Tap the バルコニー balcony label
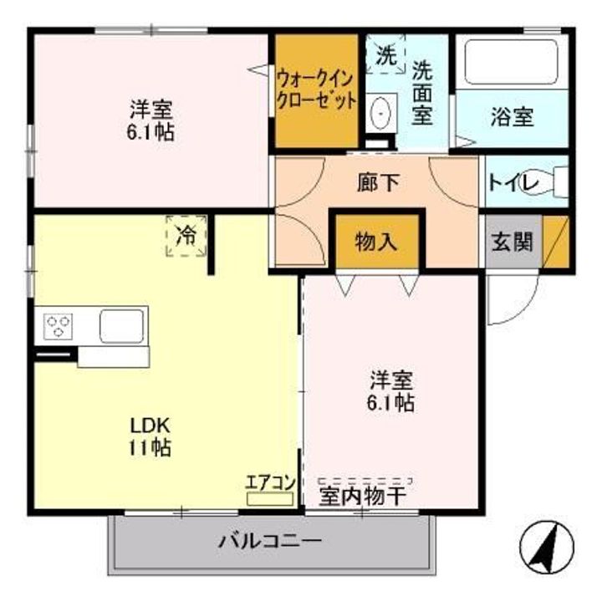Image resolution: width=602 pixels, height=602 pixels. pos(270,540)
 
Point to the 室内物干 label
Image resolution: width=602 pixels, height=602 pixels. pos(363,496)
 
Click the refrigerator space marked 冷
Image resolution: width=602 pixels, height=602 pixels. pos(187,235)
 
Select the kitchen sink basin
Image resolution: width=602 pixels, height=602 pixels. pos(122,324)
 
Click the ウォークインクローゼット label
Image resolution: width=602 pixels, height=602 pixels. pos(317,91)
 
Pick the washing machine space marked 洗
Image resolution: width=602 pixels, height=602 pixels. pos(385,57)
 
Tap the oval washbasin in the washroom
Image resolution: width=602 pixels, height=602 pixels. pos(380,111)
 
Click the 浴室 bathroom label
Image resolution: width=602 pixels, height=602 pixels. pos(512,117)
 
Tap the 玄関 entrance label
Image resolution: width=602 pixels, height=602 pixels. pos(512,242)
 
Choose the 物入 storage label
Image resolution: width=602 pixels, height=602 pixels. pos(375,242)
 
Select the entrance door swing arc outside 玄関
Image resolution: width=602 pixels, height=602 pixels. pos(509,300)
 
